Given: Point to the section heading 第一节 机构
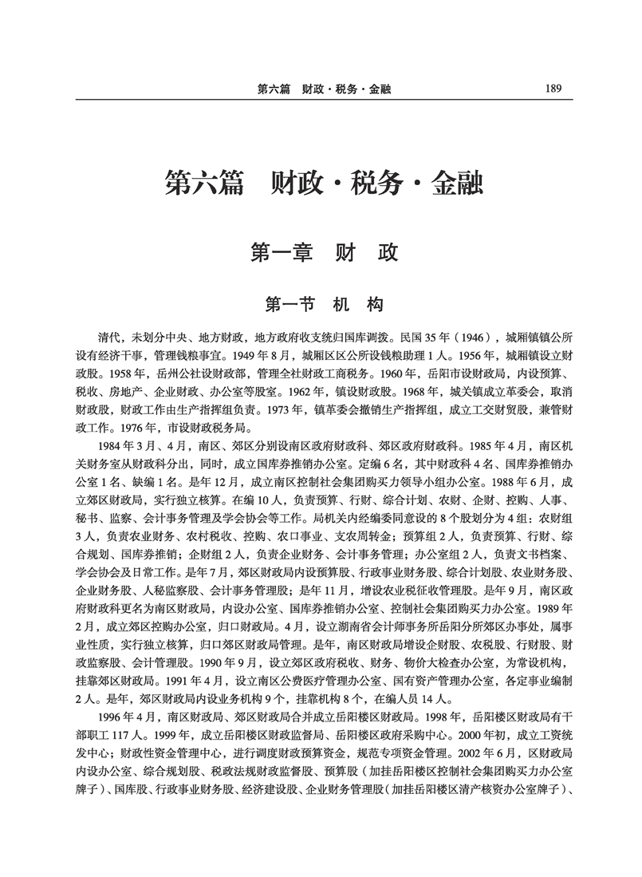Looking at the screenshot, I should [x=324, y=304].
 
